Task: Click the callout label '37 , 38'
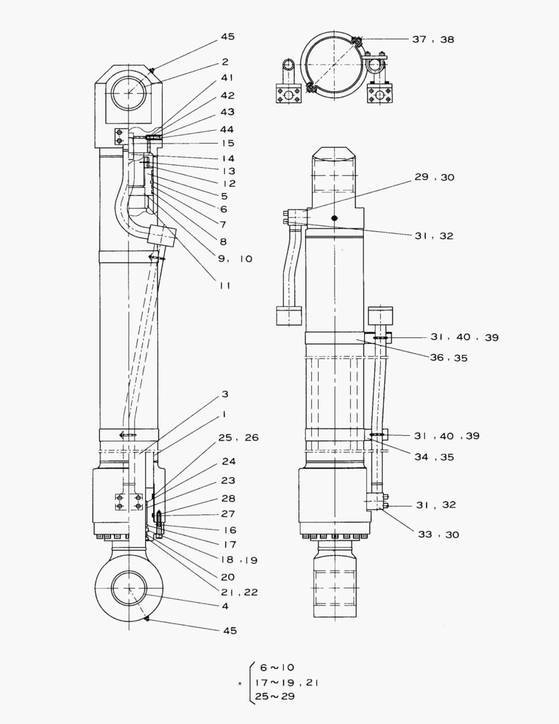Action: pos(432,40)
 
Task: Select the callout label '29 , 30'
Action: pos(434,178)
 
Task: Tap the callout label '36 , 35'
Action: pos(449,358)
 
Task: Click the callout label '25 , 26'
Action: pos(238,438)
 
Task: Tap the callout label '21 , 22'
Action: pos(239,592)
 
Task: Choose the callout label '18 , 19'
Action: pos(239,560)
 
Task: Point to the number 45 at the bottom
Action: pos(229,631)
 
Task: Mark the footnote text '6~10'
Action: pos(276,667)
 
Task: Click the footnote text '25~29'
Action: pos(279,697)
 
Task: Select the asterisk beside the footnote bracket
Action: pos(239,684)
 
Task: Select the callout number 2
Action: pos(225,62)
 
